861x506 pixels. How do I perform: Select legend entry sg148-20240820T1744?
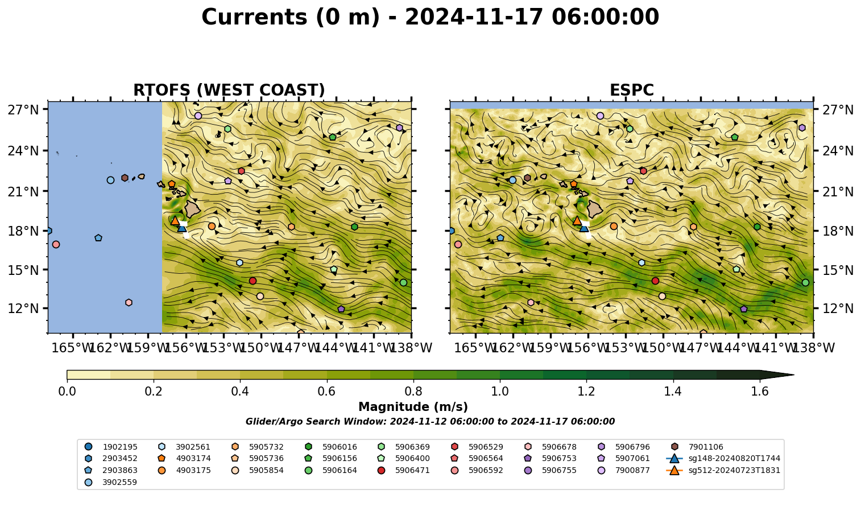[723, 458]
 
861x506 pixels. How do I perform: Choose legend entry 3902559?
[110, 482]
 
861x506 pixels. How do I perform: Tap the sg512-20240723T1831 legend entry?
[723, 470]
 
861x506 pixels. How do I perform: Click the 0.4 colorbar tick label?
[240, 392]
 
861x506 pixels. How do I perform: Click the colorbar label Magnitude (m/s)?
[413, 407]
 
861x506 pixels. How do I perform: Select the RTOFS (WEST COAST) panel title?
[229, 90]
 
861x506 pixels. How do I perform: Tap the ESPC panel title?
[632, 90]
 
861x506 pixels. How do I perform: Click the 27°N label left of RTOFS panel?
[23, 110]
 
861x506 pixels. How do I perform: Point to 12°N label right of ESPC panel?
[838, 308]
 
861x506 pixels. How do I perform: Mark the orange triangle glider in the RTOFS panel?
[175, 220]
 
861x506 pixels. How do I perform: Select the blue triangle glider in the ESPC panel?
[584, 228]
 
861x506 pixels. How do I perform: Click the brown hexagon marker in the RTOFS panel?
[125, 178]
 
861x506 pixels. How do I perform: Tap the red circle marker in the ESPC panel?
[655, 281]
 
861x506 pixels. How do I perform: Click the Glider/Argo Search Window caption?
[430, 421]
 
